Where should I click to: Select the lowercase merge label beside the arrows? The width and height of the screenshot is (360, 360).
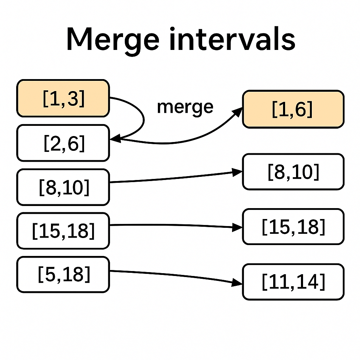click(185, 107)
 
